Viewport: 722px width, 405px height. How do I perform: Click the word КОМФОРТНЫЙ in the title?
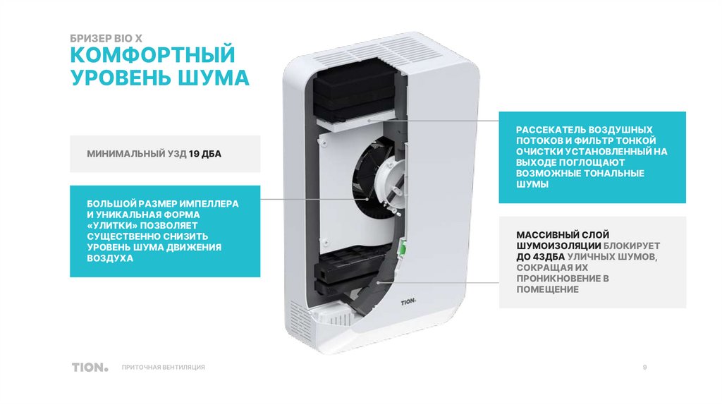click(152, 55)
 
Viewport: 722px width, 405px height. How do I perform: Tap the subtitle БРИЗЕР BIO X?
click(106, 38)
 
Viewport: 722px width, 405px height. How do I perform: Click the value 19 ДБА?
click(205, 154)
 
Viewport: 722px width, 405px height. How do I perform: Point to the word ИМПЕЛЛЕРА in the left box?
click(209, 204)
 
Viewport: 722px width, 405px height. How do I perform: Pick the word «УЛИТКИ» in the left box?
click(112, 225)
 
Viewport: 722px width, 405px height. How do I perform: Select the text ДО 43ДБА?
click(541, 257)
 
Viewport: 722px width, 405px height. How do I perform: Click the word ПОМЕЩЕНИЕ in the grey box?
click(547, 289)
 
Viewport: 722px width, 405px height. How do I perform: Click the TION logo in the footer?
click(90, 367)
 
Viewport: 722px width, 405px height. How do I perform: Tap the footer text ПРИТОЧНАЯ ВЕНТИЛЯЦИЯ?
click(164, 367)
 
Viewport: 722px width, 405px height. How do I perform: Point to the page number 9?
click(644, 367)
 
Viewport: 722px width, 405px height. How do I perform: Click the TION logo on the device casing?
click(408, 302)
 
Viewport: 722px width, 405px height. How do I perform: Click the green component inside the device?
click(400, 246)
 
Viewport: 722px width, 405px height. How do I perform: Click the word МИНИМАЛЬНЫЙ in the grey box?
click(126, 154)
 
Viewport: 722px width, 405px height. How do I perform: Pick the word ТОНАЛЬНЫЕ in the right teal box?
click(616, 174)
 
